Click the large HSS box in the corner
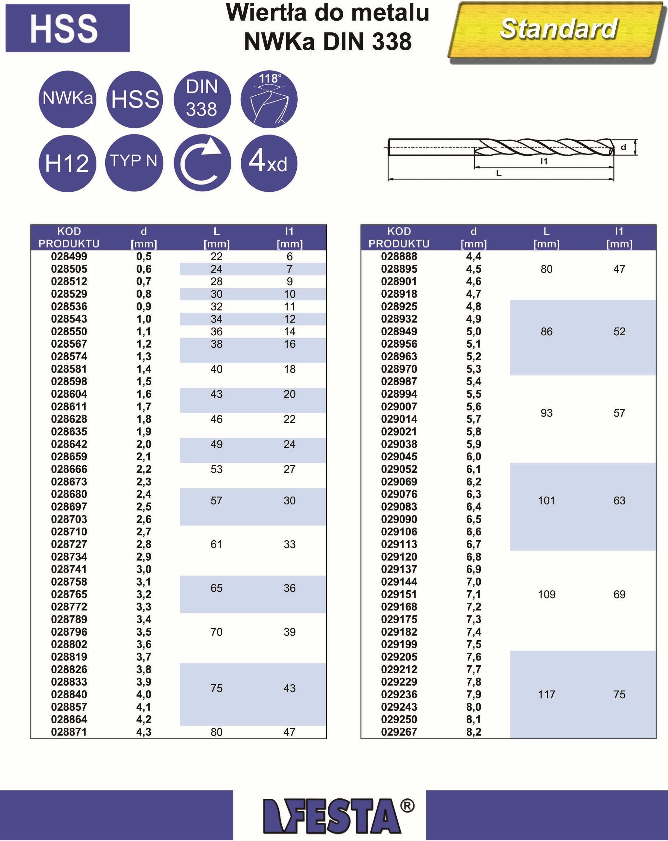[68, 28]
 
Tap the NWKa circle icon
[68, 99]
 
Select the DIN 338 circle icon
[202, 99]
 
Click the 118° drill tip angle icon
[269, 99]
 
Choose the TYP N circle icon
[134, 163]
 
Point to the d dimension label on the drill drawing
[624, 147]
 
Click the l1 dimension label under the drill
[544, 161]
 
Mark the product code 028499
[69, 256]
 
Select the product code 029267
[399, 732]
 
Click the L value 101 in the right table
[546, 500]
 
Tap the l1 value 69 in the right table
[619, 594]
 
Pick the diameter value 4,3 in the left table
[144, 732]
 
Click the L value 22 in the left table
[216, 256]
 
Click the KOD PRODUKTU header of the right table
[399, 237]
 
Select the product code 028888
[399, 256]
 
